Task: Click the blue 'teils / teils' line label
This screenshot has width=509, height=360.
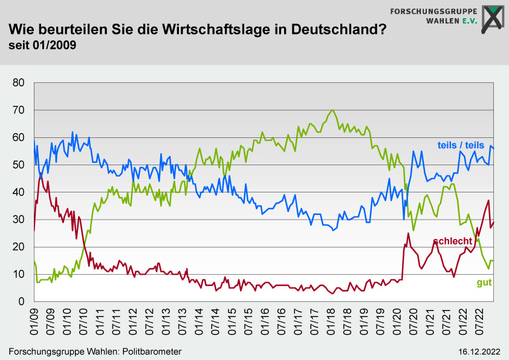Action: coord(461,145)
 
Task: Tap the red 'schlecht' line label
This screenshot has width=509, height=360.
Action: coord(453,241)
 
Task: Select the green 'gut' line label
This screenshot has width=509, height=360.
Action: coord(484,283)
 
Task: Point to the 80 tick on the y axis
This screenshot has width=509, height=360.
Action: coord(18,83)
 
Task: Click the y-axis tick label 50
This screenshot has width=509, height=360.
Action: coord(18,165)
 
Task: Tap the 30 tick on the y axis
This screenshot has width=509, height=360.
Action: coord(18,220)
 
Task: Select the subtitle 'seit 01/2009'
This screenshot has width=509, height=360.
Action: coord(42,45)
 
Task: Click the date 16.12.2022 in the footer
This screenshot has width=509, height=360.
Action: coord(479,352)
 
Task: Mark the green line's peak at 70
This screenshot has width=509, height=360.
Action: coord(332,110)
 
